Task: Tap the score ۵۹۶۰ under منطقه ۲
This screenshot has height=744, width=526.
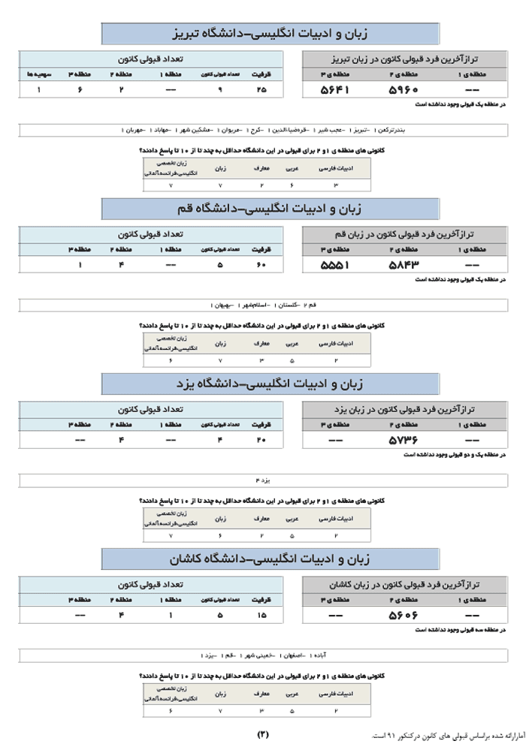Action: point(403,90)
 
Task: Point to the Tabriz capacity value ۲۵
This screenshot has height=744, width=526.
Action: point(261,90)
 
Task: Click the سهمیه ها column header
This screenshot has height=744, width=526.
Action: point(35,74)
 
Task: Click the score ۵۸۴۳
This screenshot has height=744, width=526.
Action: point(403,265)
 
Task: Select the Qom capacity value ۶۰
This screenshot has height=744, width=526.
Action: point(261,265)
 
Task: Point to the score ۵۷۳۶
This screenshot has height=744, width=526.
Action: point(403,440)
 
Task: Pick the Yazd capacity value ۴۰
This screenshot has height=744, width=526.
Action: point(261,440)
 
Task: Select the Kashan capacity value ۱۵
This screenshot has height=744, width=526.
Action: point(261,615)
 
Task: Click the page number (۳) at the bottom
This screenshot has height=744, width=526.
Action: point(262,733)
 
